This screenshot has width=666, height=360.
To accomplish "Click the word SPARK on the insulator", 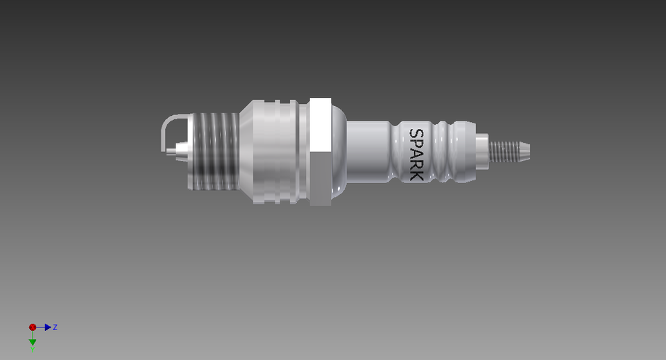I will click(x=416, y=153).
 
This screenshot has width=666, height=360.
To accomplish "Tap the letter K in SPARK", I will click(x=416, y=174).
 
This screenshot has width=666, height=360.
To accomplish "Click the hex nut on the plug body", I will click(x=319, y=152).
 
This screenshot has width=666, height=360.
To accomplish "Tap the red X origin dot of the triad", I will click(x=33, y=327).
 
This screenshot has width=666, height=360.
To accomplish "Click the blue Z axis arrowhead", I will click(x=48, y=327).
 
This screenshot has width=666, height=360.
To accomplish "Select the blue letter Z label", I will click(x=55, y=327).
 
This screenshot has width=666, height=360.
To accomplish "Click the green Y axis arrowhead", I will click(x=33, y=341).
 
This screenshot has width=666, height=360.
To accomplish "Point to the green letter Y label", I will click(x=33, y=349).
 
